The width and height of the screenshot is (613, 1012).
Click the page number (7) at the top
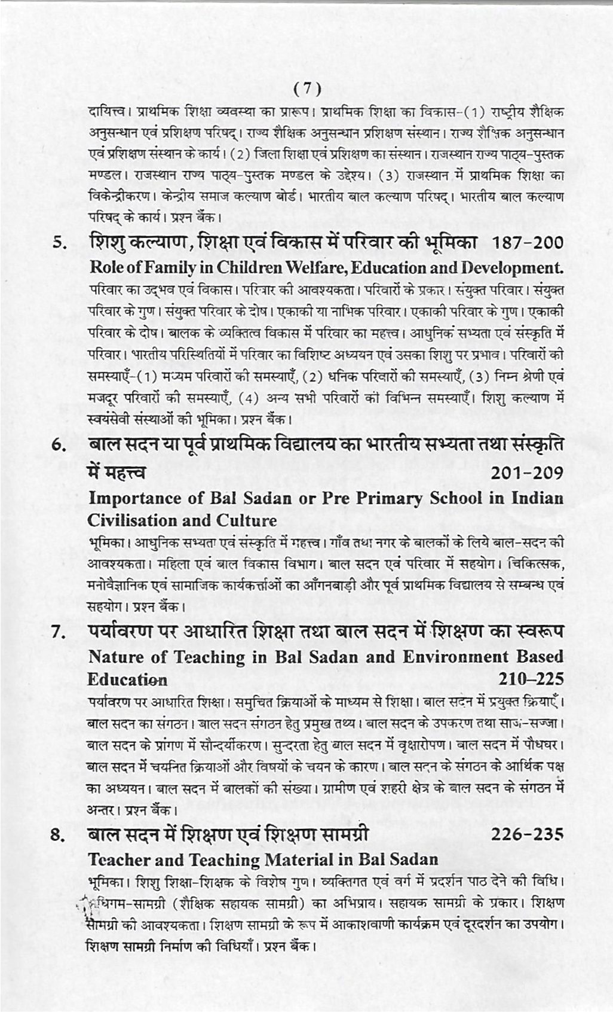308,89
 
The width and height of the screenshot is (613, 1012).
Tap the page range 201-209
526,473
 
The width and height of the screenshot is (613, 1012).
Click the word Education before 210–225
127,679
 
